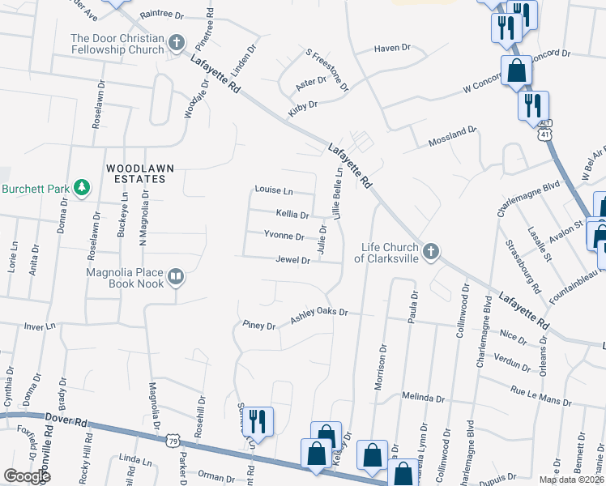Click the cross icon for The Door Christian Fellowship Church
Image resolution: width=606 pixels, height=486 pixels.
tap(177, 42)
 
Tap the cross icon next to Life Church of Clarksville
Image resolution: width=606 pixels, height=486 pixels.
tap(431, 251)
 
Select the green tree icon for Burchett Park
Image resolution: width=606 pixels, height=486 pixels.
tap(82, 189)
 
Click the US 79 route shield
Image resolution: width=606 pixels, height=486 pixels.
tap(172, 441)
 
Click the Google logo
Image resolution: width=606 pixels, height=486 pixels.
tap(27, 476)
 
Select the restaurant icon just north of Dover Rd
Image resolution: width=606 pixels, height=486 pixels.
tap(258, 421)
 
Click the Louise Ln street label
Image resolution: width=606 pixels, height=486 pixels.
tap(273, 190)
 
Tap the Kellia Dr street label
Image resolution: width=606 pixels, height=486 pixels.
tap(292, 215)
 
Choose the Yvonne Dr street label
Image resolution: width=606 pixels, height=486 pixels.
tap(284, 237)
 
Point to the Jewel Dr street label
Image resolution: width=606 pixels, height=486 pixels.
tap(294, 261)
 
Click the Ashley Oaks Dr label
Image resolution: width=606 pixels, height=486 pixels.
tap(318, 312)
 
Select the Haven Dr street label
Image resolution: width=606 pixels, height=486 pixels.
tap(393, 49)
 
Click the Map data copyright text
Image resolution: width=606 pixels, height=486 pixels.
tap(570, 480)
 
